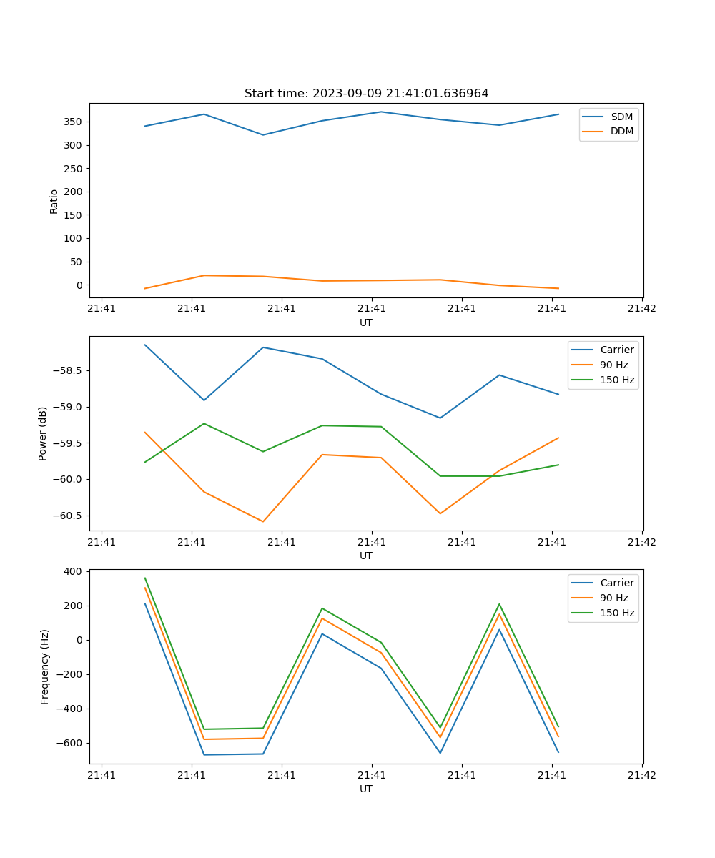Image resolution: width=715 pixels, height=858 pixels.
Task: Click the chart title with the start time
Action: coord(366,94)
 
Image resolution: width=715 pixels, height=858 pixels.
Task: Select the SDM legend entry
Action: coord(621,117)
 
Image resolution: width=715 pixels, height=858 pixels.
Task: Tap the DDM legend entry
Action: coord(621,132)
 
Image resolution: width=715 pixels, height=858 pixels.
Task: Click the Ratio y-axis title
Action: coord(54,201)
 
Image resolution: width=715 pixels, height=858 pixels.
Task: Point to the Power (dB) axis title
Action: coord(43,433)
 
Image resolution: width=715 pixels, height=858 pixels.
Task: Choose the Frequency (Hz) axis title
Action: coord(44,666)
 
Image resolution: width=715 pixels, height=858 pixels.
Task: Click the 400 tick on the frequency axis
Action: coord(74,572)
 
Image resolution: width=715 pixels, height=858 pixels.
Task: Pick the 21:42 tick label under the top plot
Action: coord(641,309)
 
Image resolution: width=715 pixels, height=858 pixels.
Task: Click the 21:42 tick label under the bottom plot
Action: coord(641,775)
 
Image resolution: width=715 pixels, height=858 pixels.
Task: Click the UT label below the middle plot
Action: coord(366,556)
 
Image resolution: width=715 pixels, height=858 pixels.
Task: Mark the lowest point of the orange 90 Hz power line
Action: coord(263,521)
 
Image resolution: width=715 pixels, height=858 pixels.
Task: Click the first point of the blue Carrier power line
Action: coord(145,345)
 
